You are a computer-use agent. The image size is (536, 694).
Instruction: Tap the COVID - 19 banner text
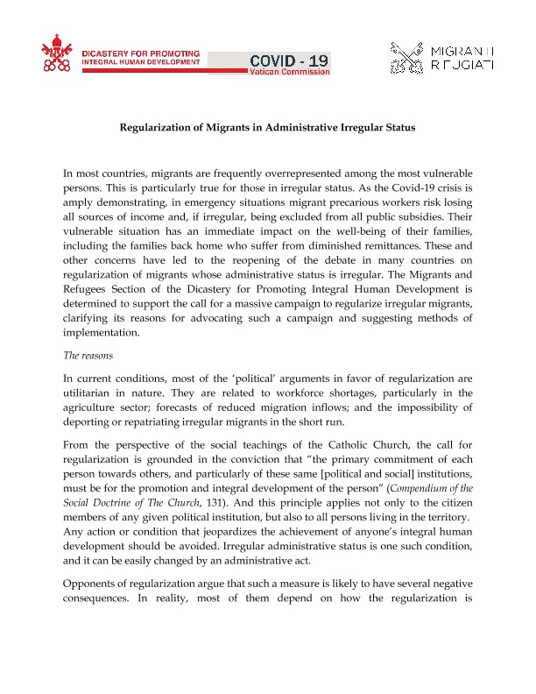[x=290, y=60]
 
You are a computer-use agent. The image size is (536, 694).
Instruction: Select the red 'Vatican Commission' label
[x=290, y=73]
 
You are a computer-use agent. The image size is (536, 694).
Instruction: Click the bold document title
[x=267, y=128]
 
